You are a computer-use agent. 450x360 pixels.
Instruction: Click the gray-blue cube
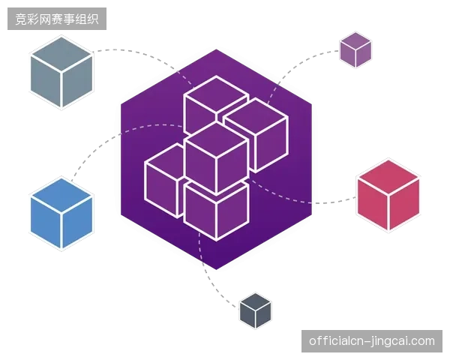pos(61,72)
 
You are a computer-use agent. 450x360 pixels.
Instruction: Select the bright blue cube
pos(61,213)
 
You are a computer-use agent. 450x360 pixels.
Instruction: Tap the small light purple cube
pos(355,50)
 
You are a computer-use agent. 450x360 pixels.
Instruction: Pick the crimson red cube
pos(388,195)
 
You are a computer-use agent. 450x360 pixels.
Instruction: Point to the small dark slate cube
pos(256,311)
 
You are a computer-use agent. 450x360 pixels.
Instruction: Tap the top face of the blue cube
pos(61,196)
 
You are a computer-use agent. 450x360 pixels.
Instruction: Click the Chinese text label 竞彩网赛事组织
pos(57,19)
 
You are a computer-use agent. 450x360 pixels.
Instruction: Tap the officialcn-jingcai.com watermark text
pos(372,341)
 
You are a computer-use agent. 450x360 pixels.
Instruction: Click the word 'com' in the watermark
pos(424,342)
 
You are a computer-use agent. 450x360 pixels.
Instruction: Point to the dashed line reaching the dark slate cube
pos(208,275)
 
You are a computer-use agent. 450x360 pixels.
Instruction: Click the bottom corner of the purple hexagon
pos(217,270)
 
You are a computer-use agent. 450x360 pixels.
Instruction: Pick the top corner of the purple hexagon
pos(217,49)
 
